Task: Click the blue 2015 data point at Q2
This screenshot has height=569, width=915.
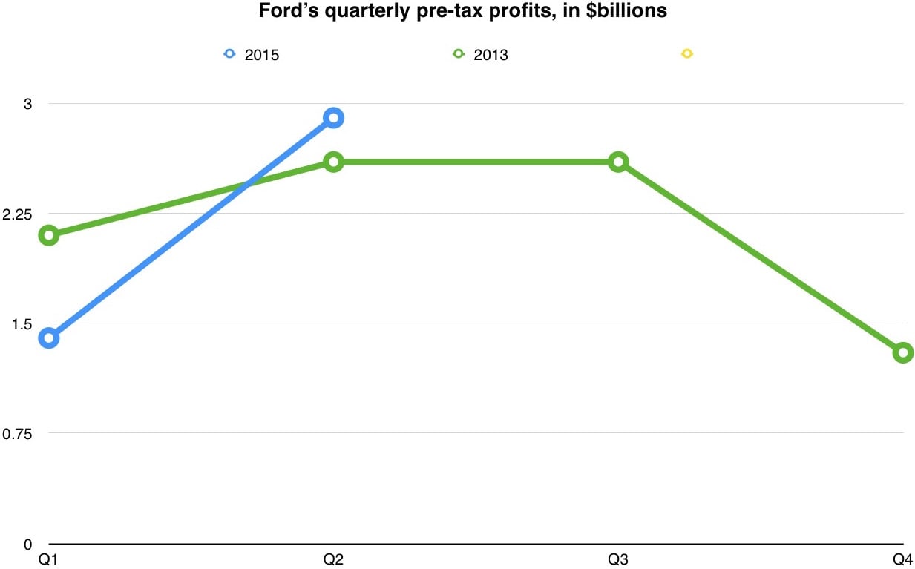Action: point(333,117)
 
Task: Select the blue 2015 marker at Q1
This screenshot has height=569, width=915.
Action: point(49,338)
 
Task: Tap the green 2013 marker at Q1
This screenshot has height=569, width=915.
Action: point(49,235)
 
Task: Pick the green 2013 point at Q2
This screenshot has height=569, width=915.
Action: point(333,162)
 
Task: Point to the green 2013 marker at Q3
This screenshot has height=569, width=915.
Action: point(618,162)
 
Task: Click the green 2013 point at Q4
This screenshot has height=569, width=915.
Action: point(902,352)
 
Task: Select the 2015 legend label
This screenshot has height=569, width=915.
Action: point(262,55)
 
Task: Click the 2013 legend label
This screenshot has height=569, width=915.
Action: point(491,55)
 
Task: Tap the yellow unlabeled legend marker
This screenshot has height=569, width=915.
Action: point(686,54)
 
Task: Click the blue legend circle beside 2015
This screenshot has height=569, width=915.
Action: point(229,54)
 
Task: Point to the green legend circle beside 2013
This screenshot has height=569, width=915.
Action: point(458,54)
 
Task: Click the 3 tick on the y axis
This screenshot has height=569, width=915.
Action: point(28,104)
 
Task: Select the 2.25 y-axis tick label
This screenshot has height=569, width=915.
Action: point(19,214)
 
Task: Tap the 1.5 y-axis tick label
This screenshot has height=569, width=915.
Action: point(23,323)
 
